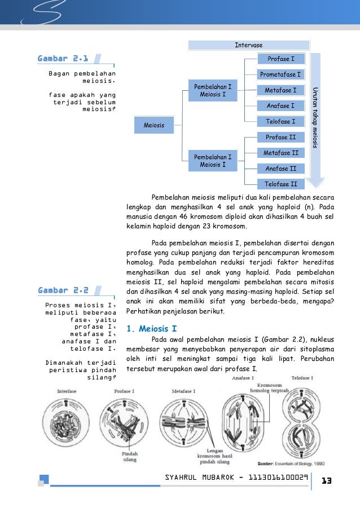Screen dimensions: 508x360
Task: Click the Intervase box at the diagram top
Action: (x=249, y=45)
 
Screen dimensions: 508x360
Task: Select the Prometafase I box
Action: (x=281, y=74)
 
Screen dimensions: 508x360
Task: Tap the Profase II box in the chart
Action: (x=281, y=137)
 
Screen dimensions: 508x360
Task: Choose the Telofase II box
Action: (x=281, y=184)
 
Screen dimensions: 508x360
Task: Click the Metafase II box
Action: (x=281, y=153)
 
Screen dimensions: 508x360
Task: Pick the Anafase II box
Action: (x=281, y=169)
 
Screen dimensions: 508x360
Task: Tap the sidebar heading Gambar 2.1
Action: (x=63, y=59)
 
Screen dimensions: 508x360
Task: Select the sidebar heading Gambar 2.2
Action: (x=63, y=290)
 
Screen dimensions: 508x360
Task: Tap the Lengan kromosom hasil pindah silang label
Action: (x=213, y=457)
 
